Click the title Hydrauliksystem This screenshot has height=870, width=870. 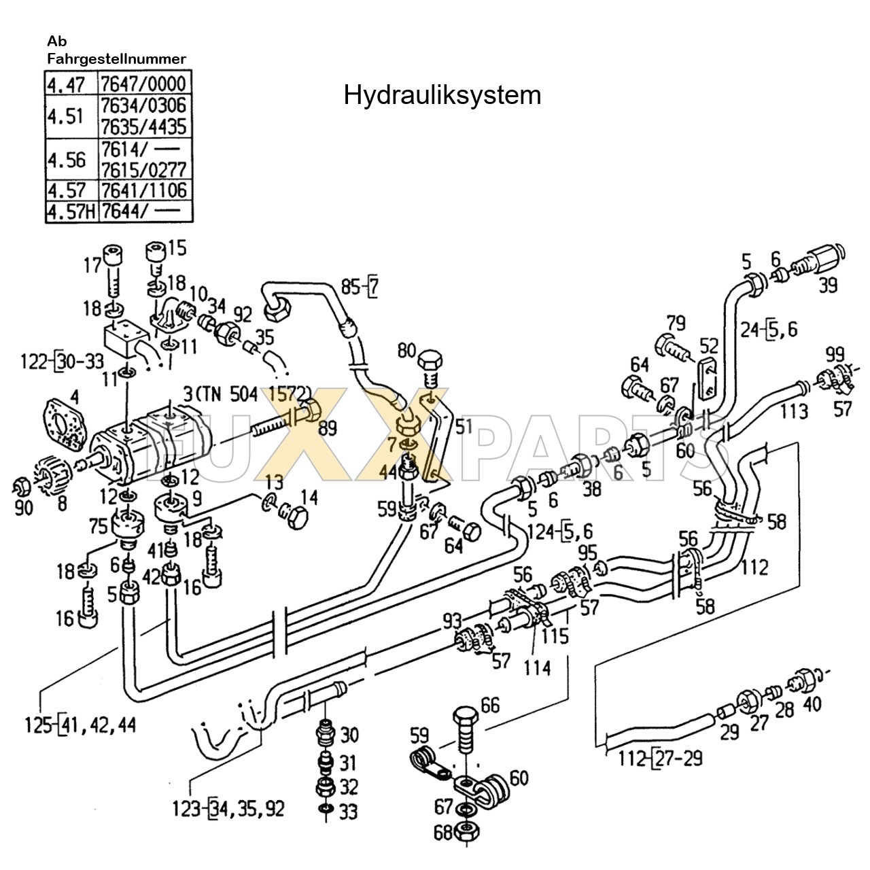(442, 95)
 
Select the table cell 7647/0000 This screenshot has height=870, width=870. (143, 84)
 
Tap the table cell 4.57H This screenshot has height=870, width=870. (71, 212)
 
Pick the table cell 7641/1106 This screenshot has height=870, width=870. (143, 190)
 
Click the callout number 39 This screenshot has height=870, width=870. (827, 285)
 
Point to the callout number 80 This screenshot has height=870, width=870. (406, 351)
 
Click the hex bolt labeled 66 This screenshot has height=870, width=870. (466, 731)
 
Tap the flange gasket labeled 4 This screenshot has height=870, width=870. (66, 421)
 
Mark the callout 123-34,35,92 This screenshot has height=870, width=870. (228, 809)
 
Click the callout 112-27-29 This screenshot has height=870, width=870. (661, 757)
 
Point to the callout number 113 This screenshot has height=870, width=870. (794, 411)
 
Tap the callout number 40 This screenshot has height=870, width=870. (812, 703)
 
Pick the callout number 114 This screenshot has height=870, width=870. (537, 669)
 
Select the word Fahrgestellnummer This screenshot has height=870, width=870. (116, 59)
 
